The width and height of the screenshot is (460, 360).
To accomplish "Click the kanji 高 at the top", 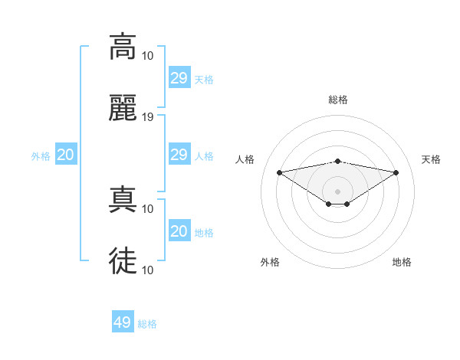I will (123, 47).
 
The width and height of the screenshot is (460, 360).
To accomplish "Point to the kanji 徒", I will (123, 261).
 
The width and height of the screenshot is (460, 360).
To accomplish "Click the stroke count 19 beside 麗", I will (148, 117).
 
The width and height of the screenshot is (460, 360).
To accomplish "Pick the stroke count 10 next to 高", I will (148, 56).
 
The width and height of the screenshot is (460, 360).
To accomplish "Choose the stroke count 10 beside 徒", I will (148, 270).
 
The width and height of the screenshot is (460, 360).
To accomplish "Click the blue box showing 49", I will (123, 322).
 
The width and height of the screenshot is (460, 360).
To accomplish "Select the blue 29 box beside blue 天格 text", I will (179, 78).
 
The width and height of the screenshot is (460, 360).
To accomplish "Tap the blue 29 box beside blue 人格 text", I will (179, 155).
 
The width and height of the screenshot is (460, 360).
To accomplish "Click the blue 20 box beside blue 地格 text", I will (179, 231).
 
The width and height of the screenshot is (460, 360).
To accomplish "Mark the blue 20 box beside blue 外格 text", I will (65, 155).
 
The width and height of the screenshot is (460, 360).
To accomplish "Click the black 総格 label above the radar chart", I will (338, 100).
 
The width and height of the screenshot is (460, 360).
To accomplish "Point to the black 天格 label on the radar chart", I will (432, 159).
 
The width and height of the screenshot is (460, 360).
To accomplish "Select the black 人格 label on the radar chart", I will (245, 159).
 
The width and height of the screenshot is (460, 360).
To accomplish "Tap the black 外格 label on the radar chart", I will (270, 262).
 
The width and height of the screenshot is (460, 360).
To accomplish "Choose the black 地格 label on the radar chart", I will (402, 262).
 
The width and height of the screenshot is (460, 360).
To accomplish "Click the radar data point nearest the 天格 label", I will (396, 172).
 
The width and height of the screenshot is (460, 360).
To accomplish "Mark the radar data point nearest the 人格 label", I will (279, 172).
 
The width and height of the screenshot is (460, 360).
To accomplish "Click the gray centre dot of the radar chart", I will (338, 191).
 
